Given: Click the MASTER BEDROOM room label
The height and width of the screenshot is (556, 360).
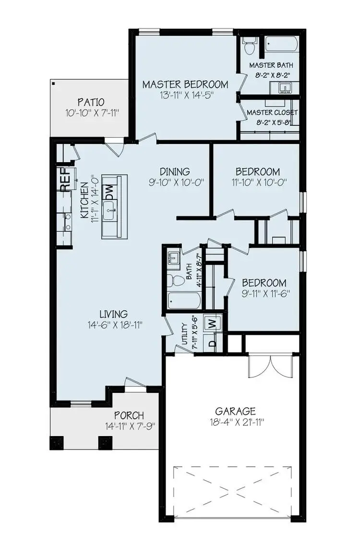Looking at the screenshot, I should [x=185, y=85].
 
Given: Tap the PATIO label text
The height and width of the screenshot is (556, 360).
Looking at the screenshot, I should [x=91, y=102].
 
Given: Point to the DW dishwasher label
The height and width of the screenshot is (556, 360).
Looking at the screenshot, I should [x=109, y=192].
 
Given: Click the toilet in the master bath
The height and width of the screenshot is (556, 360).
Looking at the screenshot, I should [x=249, y=47].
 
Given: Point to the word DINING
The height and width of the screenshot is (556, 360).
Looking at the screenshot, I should [x=175, y=171].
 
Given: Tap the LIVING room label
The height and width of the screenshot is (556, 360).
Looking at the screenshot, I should [x=114, y=314].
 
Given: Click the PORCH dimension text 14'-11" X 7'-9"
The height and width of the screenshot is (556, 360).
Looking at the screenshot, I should [x=130, y=426].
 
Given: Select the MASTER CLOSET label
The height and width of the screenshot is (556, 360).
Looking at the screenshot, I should [x=272, y=112].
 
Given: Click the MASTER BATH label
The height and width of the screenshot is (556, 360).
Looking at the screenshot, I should [x=271, y=65].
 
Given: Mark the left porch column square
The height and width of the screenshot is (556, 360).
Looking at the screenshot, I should [x=57, y=442].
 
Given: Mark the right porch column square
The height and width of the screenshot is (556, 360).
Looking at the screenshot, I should [x=104, y=442].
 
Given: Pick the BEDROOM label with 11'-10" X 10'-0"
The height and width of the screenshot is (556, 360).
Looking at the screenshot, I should [x=257, y=171].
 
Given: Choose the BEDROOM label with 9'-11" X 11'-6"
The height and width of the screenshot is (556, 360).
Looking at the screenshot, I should [x=264, y=283].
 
